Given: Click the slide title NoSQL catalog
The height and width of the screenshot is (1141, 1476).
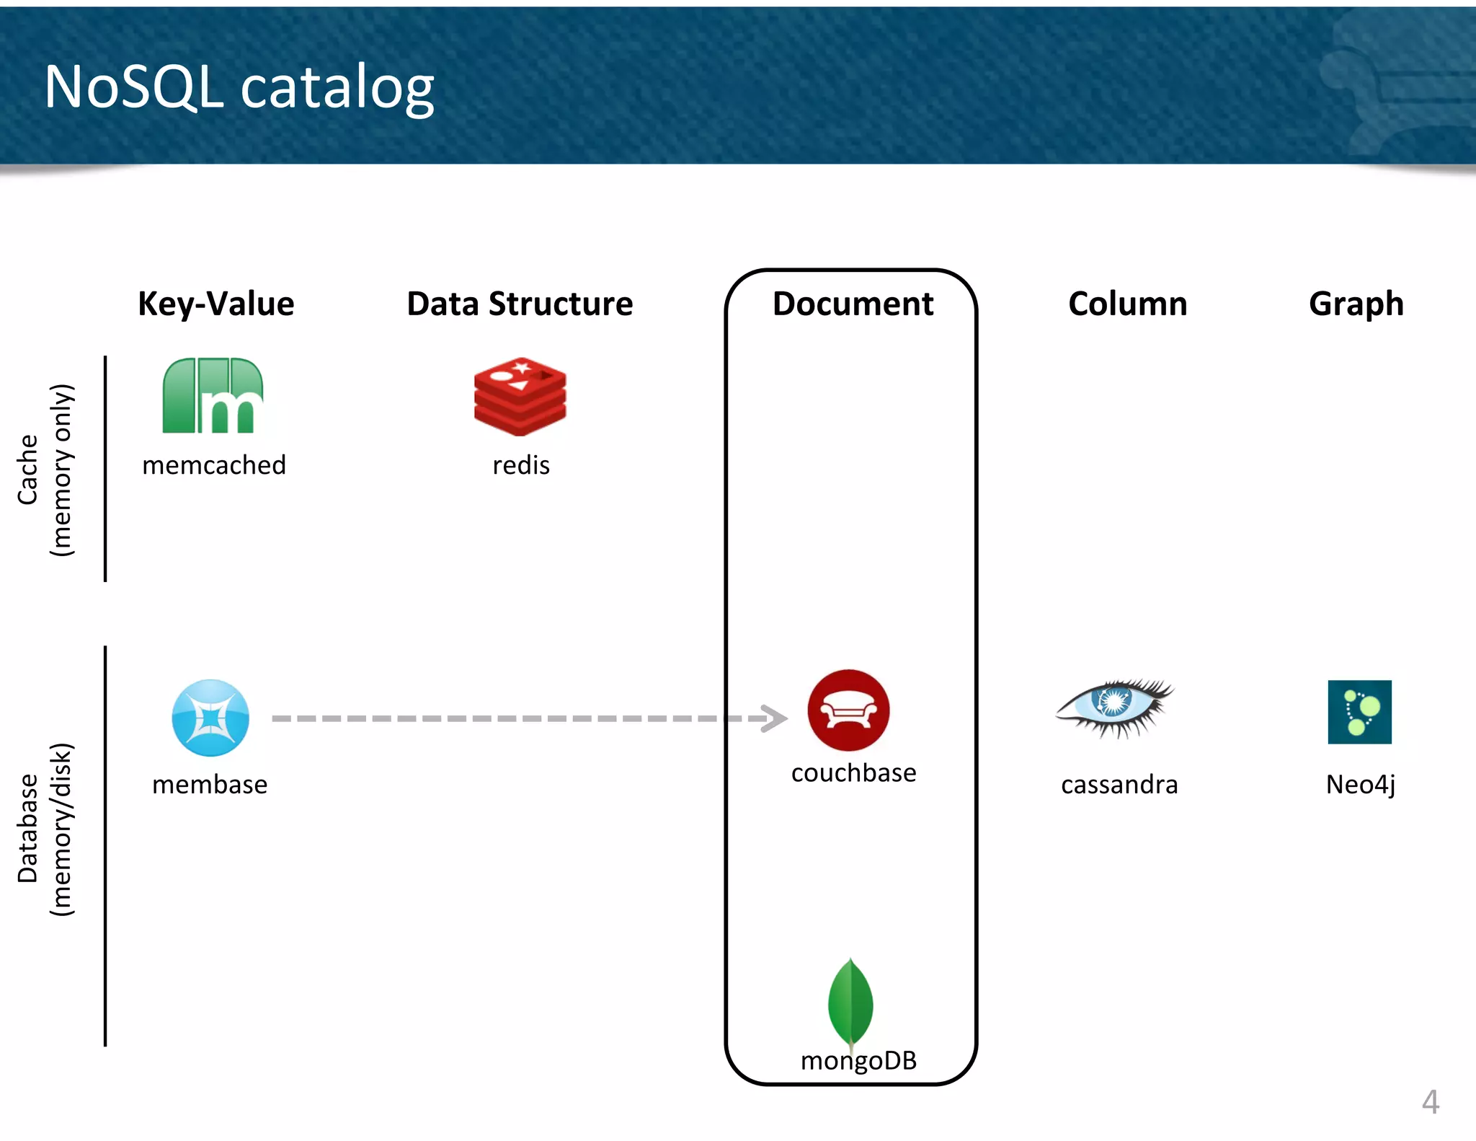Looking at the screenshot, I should click(239, 87).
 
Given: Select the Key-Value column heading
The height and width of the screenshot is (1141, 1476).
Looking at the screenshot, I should click(216, 304).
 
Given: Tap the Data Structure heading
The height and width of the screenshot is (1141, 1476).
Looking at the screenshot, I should click(520, 304).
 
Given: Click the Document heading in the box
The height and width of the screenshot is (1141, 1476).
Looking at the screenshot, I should click(853, 304).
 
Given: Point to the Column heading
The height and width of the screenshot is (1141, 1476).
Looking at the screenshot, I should click(1127, 304).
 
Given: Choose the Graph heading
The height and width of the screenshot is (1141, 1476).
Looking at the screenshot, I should click(1356, 304).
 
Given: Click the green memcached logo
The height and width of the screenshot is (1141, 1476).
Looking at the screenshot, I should click(213, 396).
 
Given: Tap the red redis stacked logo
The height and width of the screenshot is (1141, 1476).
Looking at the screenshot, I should click(520, 396).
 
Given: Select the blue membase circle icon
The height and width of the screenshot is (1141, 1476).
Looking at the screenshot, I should click(210, 718).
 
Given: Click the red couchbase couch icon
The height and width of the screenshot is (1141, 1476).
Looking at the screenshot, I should click(848, 710).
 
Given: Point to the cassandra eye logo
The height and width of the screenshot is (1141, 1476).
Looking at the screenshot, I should click(1114, 708).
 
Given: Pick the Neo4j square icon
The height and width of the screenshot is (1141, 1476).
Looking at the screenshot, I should click(1359, 712).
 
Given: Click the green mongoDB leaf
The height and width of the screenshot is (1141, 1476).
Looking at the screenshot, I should click(850, 1003).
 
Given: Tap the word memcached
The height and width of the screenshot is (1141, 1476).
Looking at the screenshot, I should click(214, 465).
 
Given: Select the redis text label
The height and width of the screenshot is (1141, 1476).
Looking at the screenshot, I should click(521, 465).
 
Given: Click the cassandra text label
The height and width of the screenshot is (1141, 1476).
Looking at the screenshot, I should click(1119, 784).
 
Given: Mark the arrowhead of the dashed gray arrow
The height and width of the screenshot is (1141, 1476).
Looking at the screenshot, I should click(775, 718).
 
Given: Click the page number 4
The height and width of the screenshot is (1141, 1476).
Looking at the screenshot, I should click(1431, 1102).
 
